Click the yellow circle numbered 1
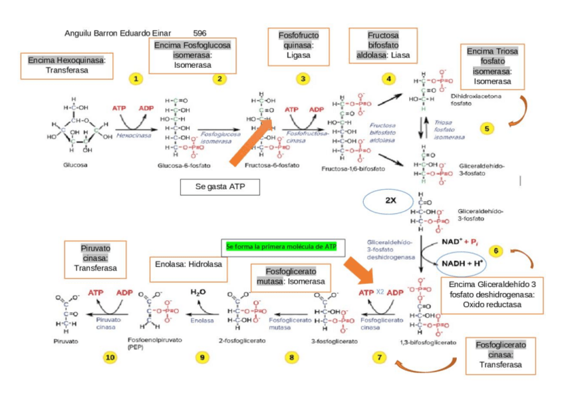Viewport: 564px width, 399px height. [x=136, y=79]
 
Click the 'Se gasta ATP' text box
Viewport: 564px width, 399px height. [x=219, y=188]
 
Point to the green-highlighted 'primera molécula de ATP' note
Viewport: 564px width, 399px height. [x=281, y=246]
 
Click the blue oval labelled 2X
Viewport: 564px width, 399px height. [x=390, y=200]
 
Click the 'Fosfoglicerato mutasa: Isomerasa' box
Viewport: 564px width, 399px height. [x=291, y=276]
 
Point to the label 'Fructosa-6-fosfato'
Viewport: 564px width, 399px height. [x=271, y=165]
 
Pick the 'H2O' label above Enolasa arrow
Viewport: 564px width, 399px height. [x=198, y=292]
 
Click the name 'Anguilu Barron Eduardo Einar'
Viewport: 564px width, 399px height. [x=118, y=33]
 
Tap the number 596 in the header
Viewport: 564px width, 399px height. [x=200, y=33]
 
